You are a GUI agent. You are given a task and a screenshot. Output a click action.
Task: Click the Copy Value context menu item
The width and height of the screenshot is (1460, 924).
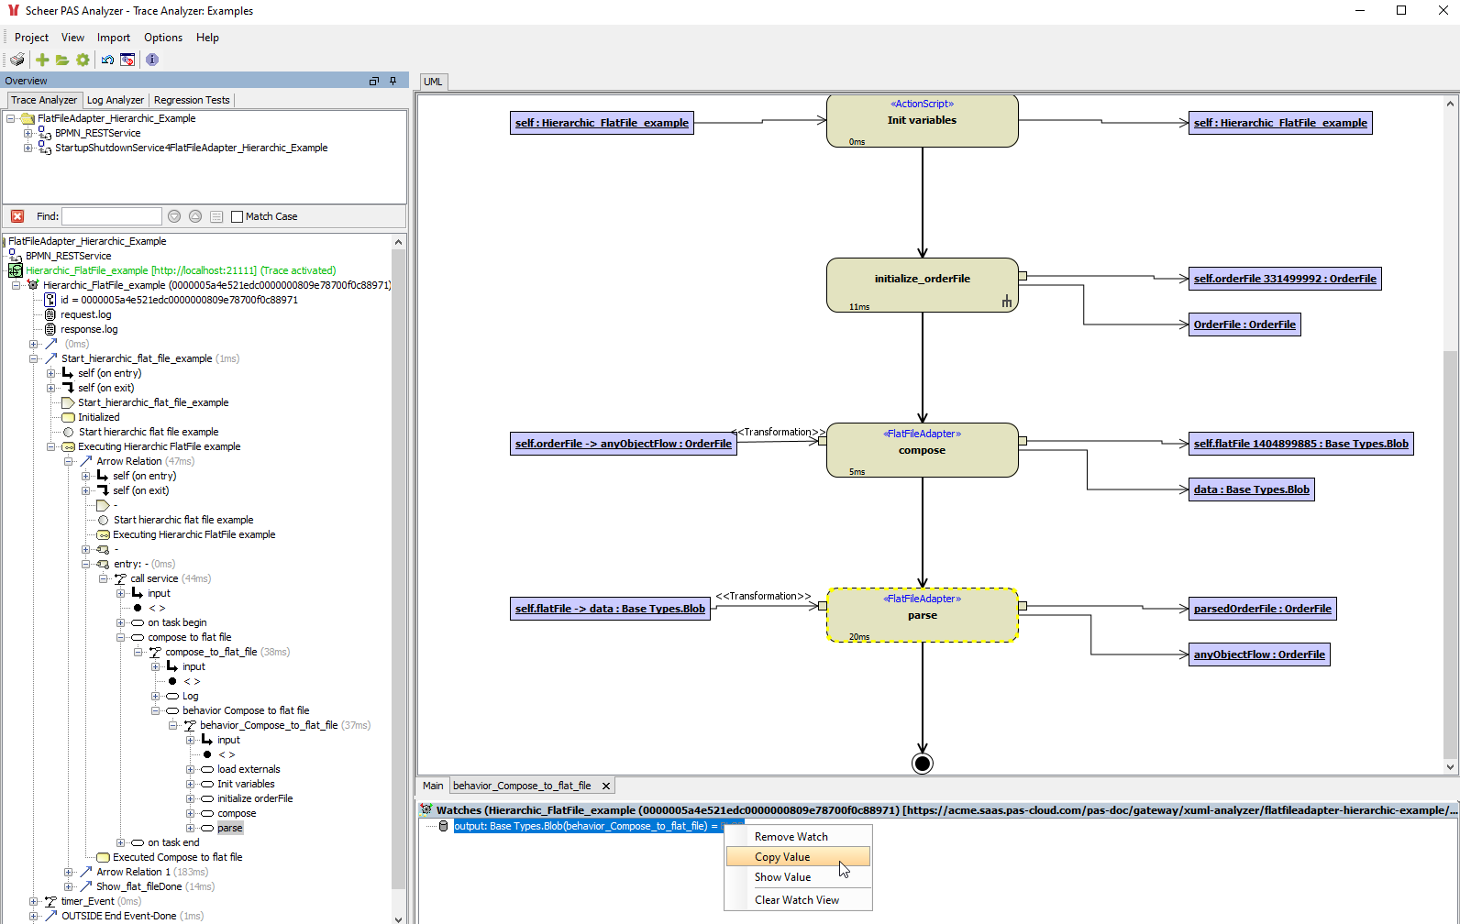pyautogui.click(x=783, y=857)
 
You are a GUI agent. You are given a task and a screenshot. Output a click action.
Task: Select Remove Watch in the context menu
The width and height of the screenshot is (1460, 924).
pyautogui.click(x=791, y=837)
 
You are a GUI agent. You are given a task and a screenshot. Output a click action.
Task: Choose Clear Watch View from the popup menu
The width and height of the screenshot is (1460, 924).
pyautogui.click(x=796, y=900)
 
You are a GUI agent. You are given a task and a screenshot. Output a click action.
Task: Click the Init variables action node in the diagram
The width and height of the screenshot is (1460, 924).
pyautogui.click(x=922, y=121)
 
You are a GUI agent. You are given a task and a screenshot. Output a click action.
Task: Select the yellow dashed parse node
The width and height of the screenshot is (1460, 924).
pyautogui.click(x=922, y=615)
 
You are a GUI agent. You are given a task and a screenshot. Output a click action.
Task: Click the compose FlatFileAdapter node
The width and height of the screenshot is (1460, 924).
pyautogui.click(x=922, y=450)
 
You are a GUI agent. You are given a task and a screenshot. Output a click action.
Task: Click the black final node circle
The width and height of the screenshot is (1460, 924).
pyautogui.click(x=923, y=764)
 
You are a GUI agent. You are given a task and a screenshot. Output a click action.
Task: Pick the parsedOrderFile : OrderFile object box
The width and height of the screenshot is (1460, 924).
pyautogui.click(x=1262, y=609)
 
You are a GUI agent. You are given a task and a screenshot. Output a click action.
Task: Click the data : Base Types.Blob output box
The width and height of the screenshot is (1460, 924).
pyautogui.click(x=1251, y=489)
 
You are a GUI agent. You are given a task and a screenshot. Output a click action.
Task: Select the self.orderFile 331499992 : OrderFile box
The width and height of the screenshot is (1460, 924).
pyautogui.click(x=1284, y=279)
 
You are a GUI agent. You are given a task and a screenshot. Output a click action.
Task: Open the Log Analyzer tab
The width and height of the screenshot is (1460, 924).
pyautogui.click(x=115, y=100)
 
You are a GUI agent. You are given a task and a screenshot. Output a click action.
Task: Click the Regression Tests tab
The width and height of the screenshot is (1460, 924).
pyautogui.click(x=192, y=100)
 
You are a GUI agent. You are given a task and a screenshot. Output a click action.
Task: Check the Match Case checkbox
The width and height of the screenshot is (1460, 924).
pyautogui.click(x=238, y=216)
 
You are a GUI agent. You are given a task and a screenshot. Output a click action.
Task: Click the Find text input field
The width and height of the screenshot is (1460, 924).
pyautogui.click(x=111, y=216)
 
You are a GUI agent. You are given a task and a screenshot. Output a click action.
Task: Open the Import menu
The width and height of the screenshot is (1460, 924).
pyautogui.click(x=114, y=38)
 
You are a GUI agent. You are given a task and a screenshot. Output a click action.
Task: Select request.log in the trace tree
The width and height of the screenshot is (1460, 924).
pyautogui.click(x=85, y=314)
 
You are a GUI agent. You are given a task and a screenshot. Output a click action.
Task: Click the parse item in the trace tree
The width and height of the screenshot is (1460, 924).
pyautogui.click(x=230, y=828)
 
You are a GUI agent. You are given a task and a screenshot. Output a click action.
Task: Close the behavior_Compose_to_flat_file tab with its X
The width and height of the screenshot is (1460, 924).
pyautogui.click(x=606, y=786)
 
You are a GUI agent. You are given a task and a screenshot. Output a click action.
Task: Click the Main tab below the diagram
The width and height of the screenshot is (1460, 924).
pyautogui.click(x=433, y=786)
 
